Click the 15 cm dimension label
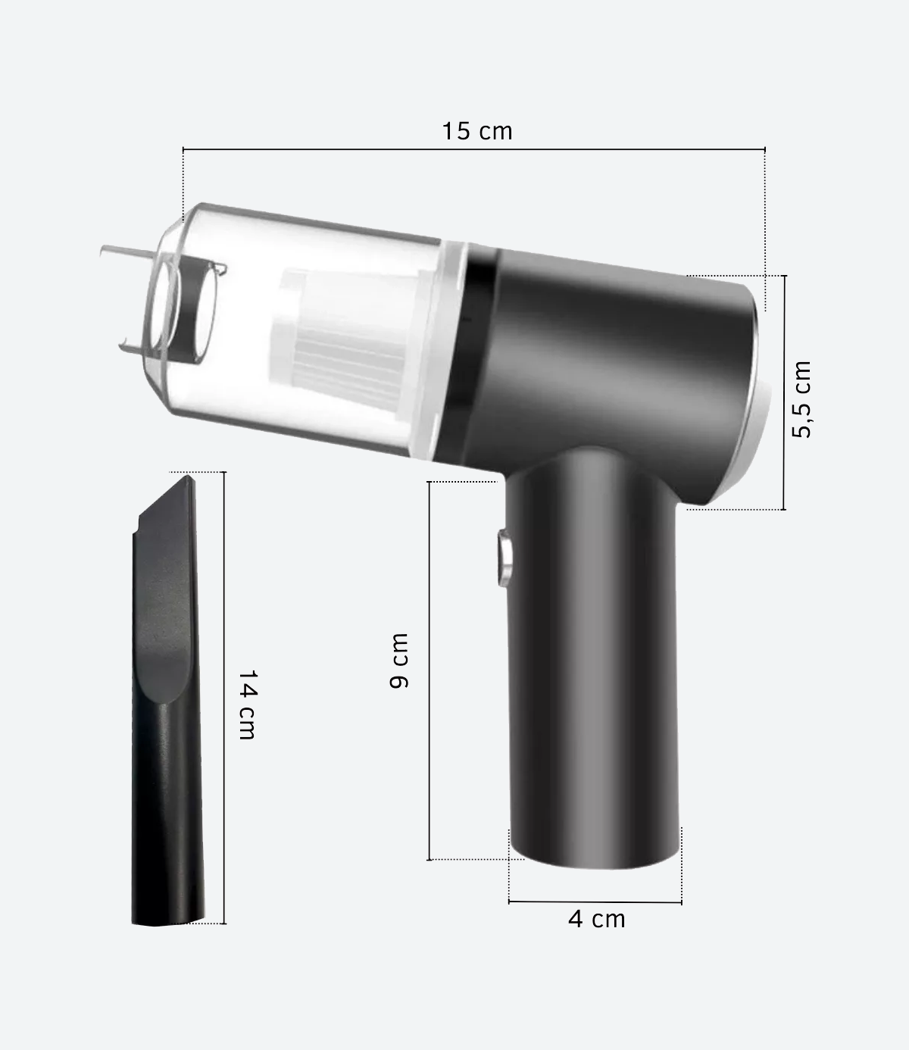pyautogui.click(x=477, y=131)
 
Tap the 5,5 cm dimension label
pyautogui.click(x=801, y=398)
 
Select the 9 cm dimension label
pyautogui.click(x=399, y=661)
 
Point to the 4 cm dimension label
pyautogui.click(x=597, y=919)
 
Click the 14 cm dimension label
pyautogui.click(x=247, y=704)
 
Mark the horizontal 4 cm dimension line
pyautogui.click(x=595, y=902)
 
